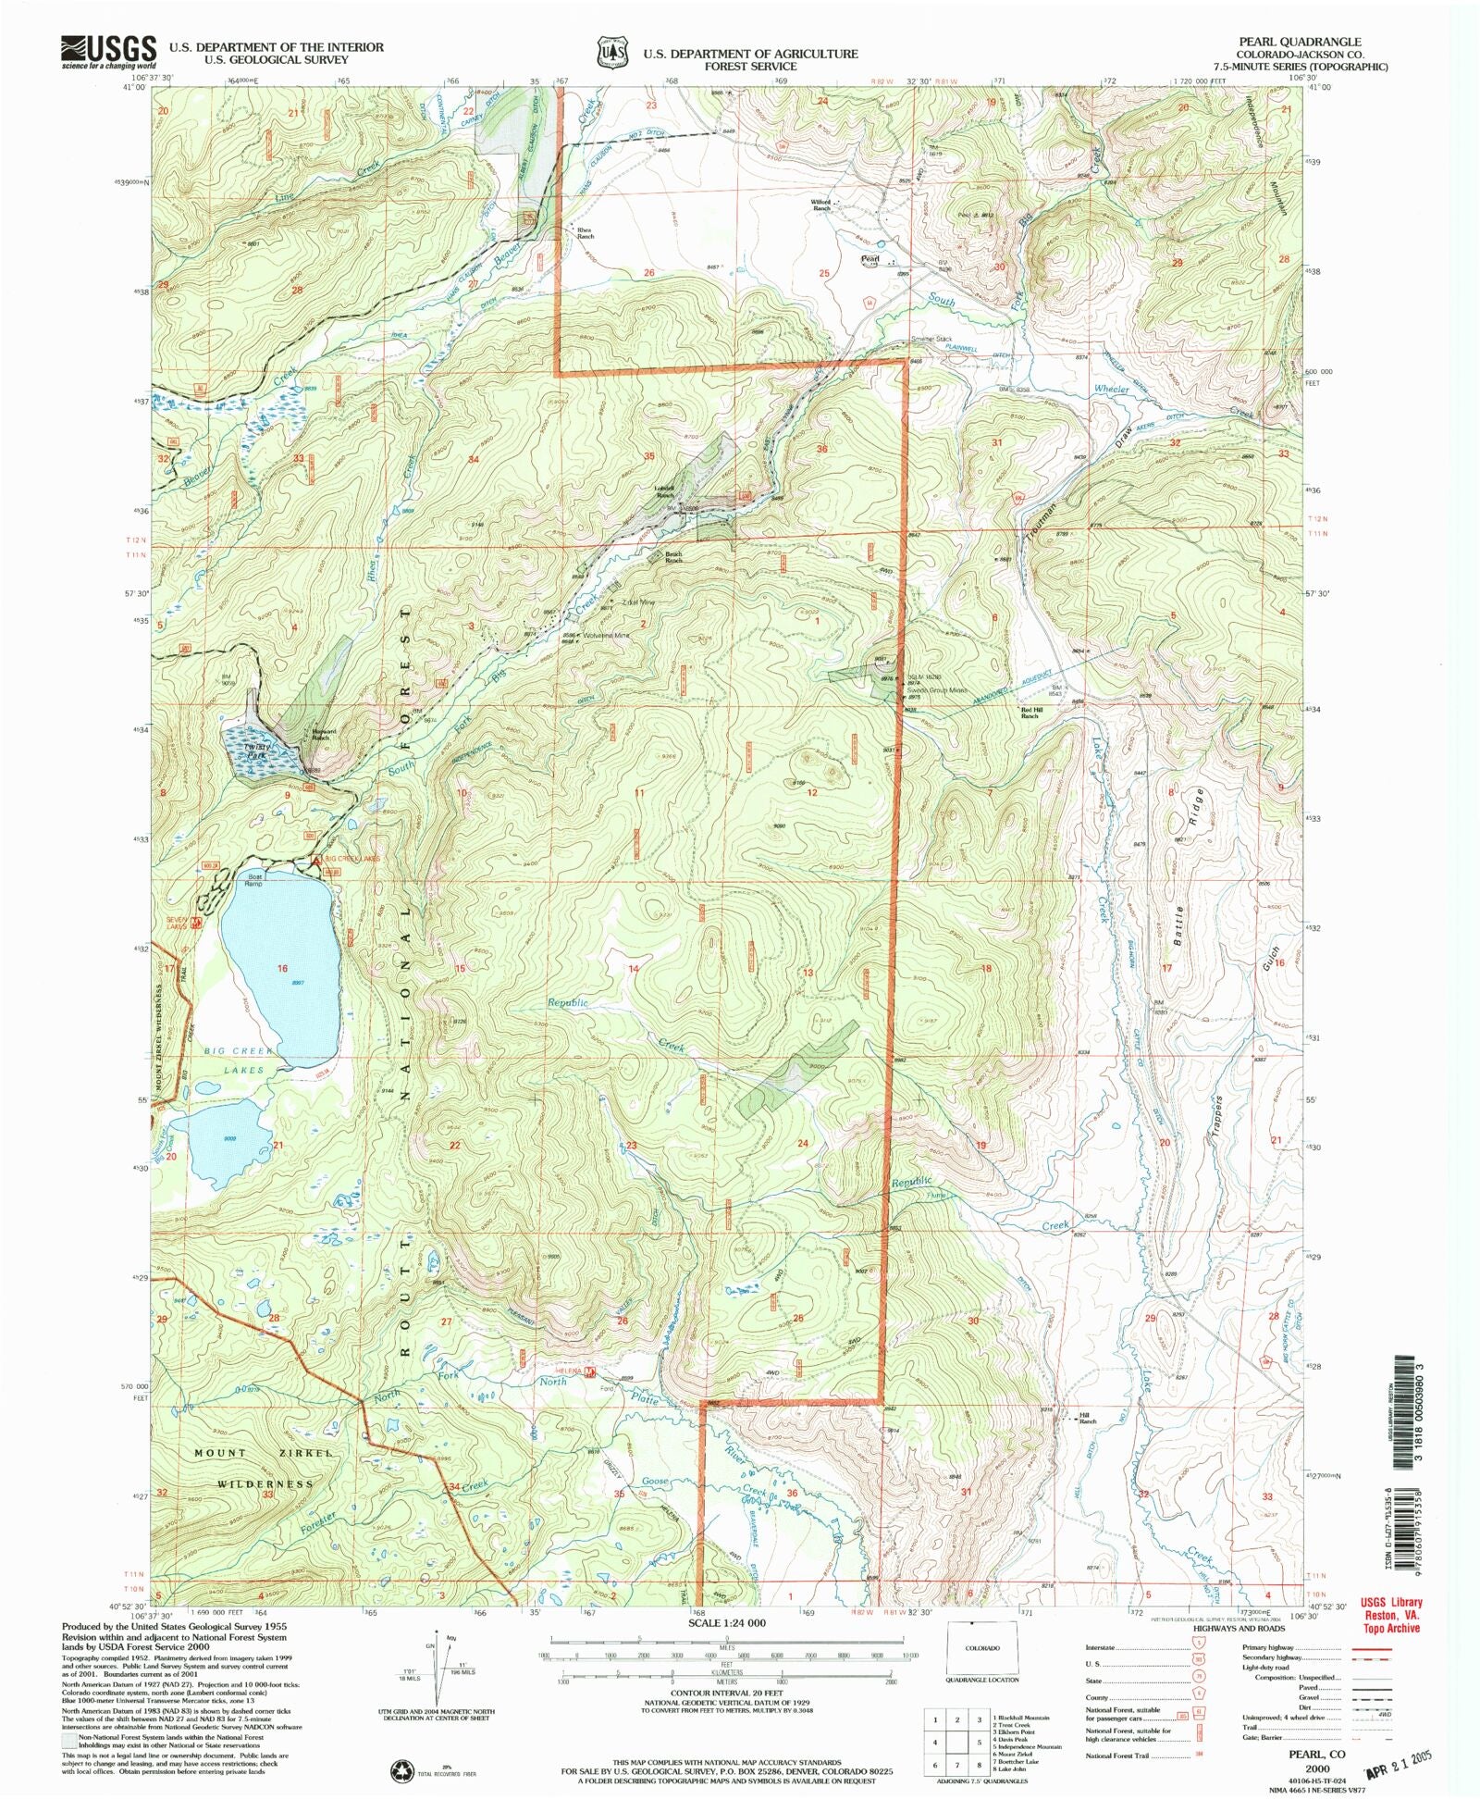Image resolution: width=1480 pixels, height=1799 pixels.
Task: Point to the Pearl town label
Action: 869,258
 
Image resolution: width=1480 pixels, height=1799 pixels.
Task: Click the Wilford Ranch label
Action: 820,205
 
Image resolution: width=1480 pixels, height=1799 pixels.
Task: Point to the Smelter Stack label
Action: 931,339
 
